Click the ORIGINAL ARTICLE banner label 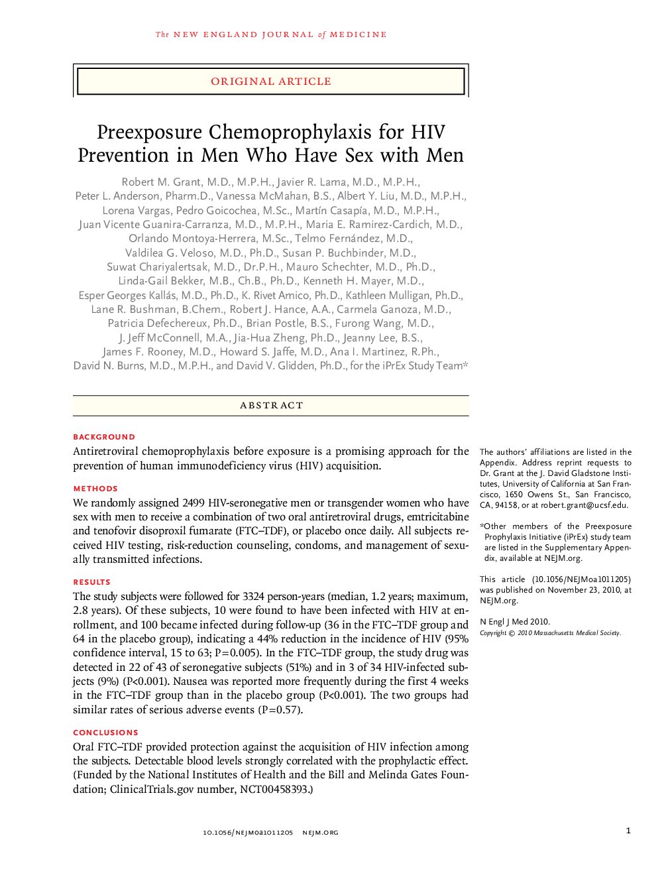click(270, 82)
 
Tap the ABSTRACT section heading click(271, 405)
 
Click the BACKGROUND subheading click(104, 437)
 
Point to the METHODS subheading click(95, 489)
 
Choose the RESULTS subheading click(91, 582)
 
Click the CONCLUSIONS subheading click(105, 733)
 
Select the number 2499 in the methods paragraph click(194, 503)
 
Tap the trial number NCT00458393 click(274, 789)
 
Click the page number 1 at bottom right click(628, 831)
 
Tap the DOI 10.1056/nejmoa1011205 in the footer click(247, 833)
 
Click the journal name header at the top click(270, 34)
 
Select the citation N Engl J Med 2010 click(515, 622)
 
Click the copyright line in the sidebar click(550, 633)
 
